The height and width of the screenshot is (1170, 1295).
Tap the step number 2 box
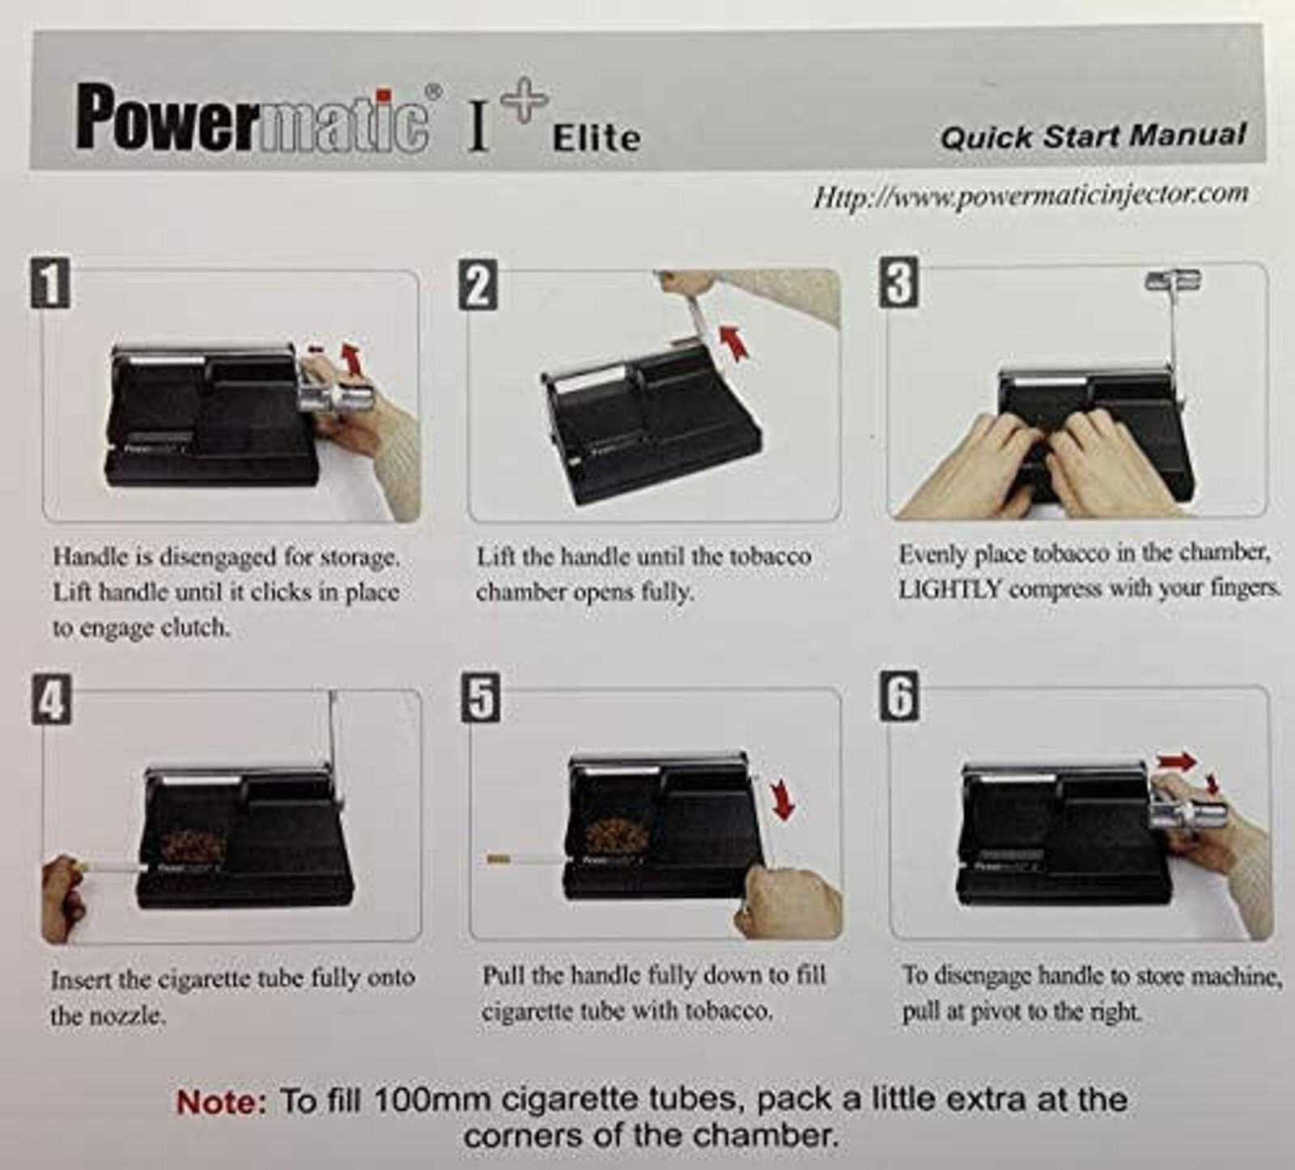tap(478, 285)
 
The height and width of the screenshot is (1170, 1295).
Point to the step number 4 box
tap(52, 700)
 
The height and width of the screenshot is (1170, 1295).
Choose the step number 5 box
tap(481, 698)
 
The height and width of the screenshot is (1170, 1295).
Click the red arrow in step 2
tap(732, 341)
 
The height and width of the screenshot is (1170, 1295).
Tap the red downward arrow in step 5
tap(782, 799)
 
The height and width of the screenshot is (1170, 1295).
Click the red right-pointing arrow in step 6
tap(1175, 761)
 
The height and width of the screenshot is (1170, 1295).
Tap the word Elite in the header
tap(597, 138)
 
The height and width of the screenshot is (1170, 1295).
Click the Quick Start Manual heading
tap(1093, 136)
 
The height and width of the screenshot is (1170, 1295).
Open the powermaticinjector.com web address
tap(1030, 196)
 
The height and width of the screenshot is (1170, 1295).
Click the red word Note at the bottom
tap(221, 1102)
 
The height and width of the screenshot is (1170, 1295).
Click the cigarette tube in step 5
tap(526, 859)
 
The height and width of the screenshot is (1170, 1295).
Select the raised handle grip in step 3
tap(1171, 281)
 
